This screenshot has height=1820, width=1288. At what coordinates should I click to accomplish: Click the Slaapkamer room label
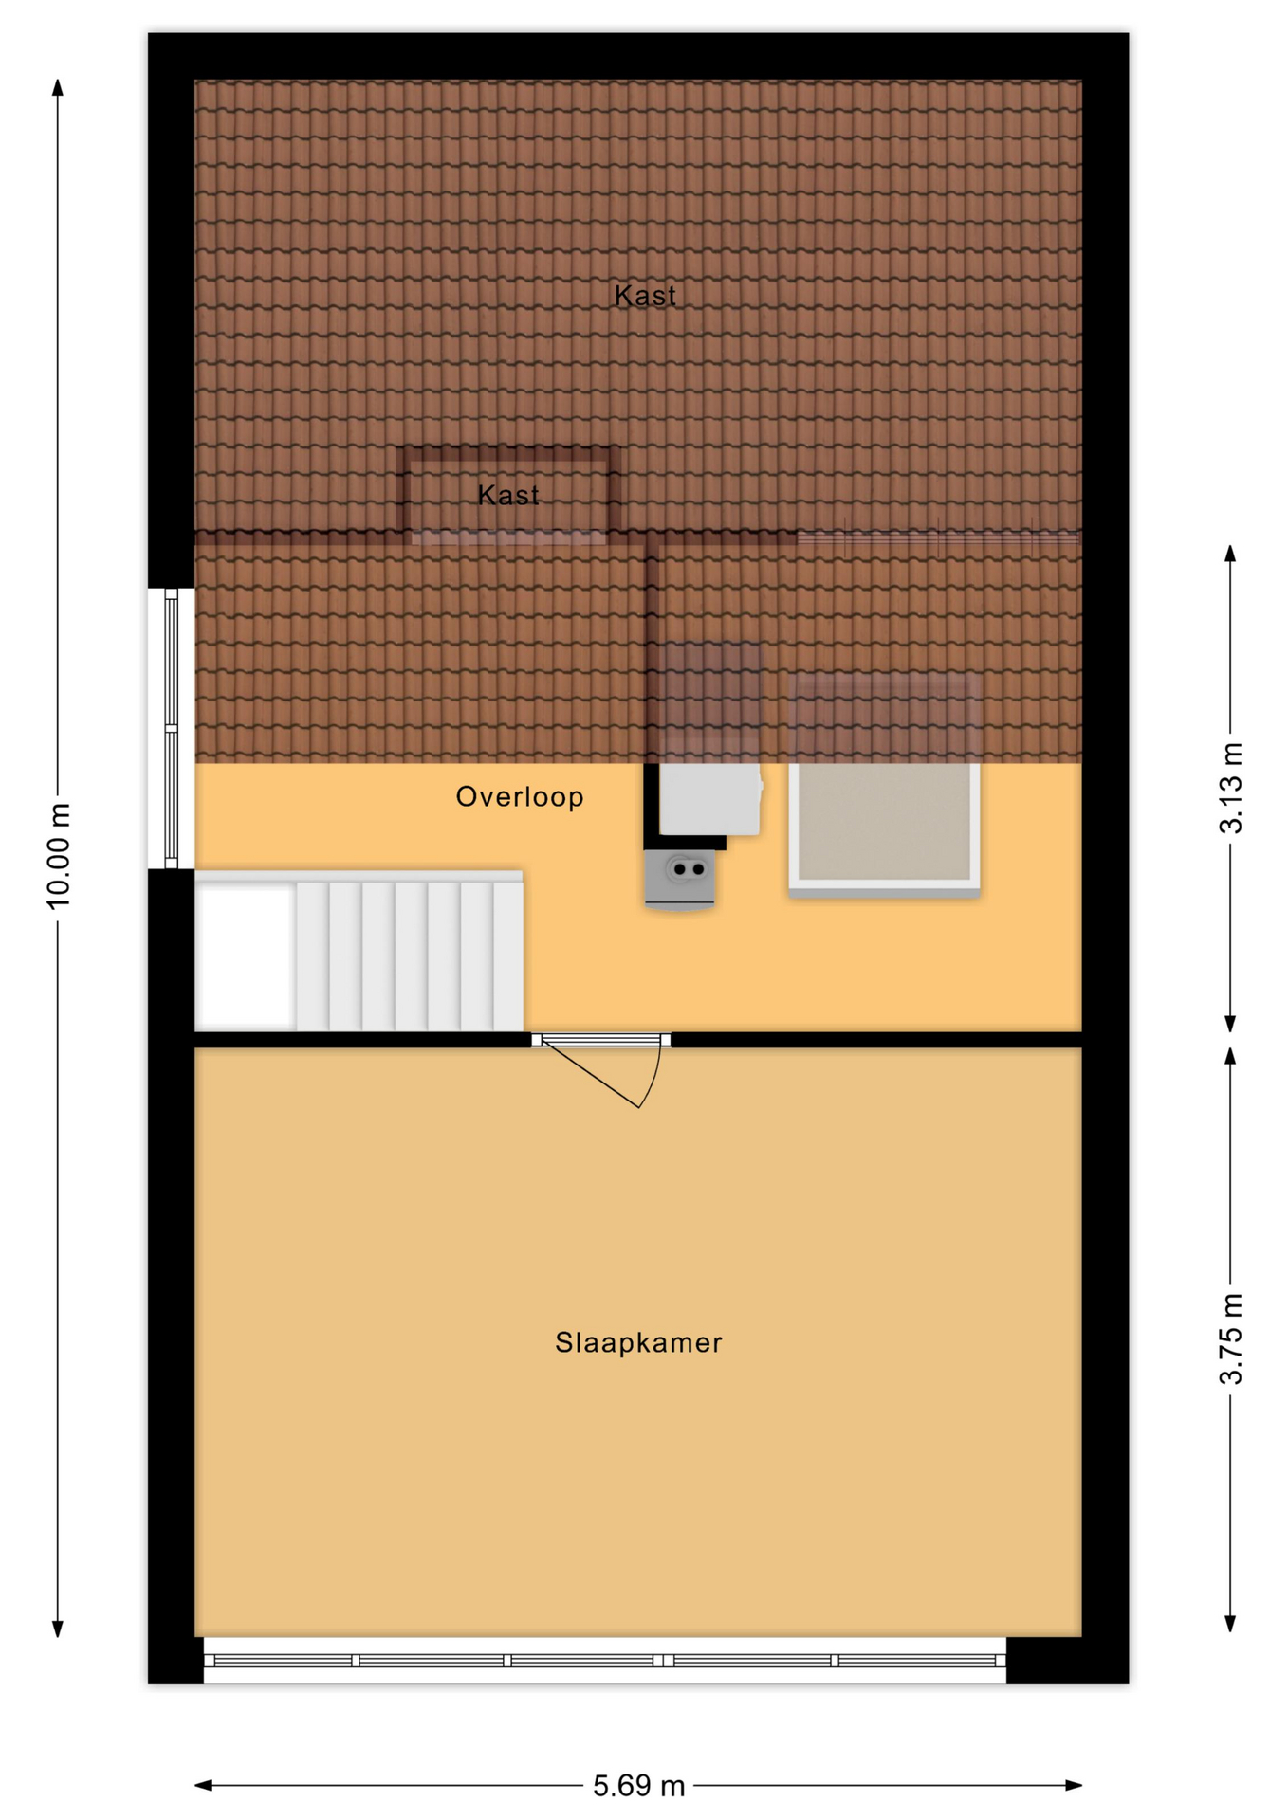[638, 1342]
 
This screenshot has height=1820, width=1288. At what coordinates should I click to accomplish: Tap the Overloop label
[520, 797]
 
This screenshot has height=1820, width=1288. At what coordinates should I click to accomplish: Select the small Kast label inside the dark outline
[508, 495]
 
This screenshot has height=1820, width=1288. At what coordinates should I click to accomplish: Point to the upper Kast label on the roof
[645, 296]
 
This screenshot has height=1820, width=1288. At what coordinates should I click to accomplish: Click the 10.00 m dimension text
[59, 856]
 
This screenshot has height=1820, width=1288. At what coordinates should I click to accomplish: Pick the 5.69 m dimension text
[638, 1786]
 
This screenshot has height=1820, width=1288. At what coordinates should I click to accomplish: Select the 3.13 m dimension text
[1230, 789]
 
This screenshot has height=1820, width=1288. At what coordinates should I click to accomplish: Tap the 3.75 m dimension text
[1230, 1338]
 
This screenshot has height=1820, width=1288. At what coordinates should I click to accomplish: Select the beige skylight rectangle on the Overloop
[884, 787]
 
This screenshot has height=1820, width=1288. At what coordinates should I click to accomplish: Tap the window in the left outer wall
[171, 728]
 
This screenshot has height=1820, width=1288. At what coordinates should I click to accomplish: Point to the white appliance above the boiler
[710, 798]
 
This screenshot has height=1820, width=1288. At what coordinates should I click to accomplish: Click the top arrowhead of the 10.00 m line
[58, 87]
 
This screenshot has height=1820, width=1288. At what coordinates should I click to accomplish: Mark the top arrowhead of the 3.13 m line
[1230, 554]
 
